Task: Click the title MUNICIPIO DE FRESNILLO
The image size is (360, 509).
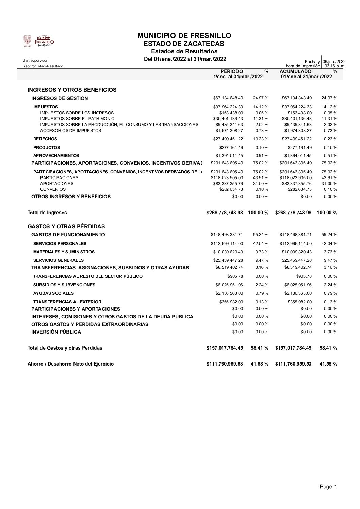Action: click(x=184, y=36)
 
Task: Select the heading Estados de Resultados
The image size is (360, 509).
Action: click(x=184, y=51)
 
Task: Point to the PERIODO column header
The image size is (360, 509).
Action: click(x=232, y=71)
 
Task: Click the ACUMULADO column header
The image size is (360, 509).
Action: click(x=295, y=71)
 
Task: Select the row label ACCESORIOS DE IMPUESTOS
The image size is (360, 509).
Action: click(x=70, y=130)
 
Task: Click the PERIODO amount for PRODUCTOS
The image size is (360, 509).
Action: click(x=231, y=148)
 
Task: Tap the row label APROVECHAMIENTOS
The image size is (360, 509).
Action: click(x=56, y=156)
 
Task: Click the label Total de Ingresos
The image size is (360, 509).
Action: click(x=47, y=213)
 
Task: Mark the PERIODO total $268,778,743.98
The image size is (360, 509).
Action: click(x=225, y=213)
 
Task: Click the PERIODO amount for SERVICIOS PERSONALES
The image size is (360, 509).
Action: click(x=227, y=244)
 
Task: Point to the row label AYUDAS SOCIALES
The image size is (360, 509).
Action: click(x=53, y=293)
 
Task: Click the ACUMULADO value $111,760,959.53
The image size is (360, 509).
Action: click(x=293, y=364)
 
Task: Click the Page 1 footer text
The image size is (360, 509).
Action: click(x=328, y=487)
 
